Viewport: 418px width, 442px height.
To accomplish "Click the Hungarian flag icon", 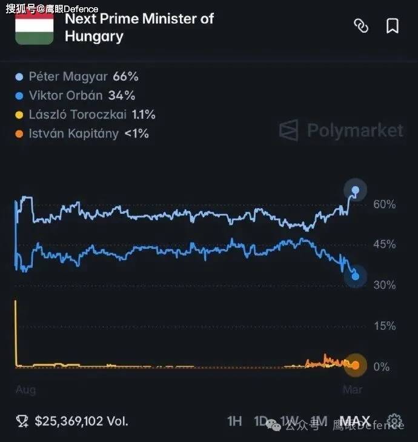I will pyautogui.click(x=34, y=27).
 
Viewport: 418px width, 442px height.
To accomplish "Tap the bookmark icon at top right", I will pyautogui.click(x=392, y=26).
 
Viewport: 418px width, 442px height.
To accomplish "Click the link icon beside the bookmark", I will pyautogui.click(x=361, y=26).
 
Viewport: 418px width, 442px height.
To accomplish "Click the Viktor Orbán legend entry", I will pyautogui.click(x=76, y=96).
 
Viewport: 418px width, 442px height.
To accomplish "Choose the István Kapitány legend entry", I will pyautogui.click(x=82, y=133).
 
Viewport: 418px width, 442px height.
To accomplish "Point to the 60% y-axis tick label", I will pyautogui.click(x=384, y=204).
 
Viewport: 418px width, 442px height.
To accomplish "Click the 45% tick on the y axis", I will pyautogui.click(x=384, y=244).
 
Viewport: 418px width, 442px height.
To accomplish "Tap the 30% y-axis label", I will pyautogui.click(x=384, y=285).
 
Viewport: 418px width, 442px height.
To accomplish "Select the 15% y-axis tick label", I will pyautogui.click(x=384, y=326).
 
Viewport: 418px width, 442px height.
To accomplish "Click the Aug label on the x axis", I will pyautogui.click(x=25, y=390).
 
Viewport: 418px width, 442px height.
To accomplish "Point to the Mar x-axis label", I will pyautogui.click(x=353, y=390).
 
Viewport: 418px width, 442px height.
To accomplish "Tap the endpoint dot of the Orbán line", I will pyautogui.click(x=355, y=276).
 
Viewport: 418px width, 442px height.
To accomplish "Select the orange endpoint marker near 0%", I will pyautogui.click(x=356, y=365).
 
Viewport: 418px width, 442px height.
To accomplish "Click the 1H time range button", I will pyautogui.click(x=235, y=421).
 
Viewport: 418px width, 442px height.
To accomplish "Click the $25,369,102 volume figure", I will pyautogui.click(x=81, y=421).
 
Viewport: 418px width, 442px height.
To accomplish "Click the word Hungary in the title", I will pyautogui.click(x=94, y=36).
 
